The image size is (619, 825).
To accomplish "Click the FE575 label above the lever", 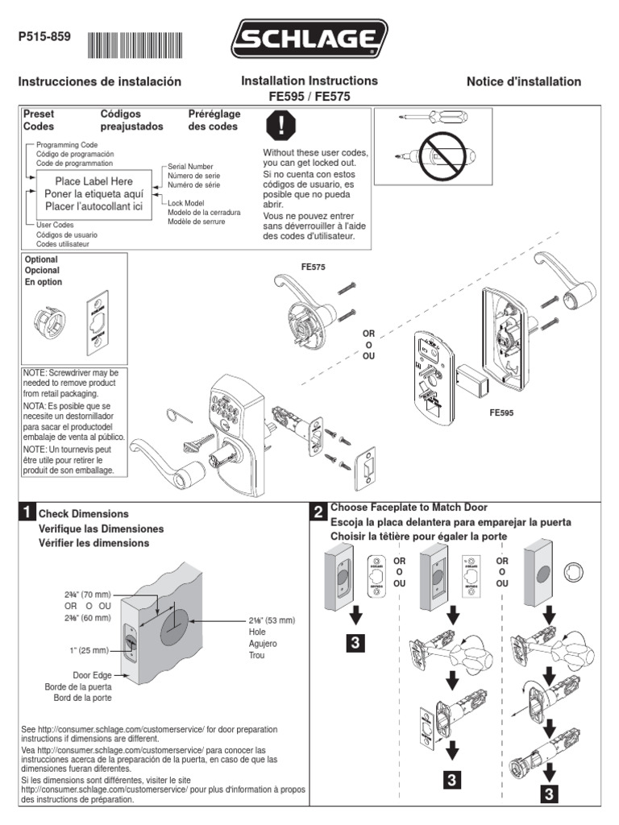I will click(314, 266).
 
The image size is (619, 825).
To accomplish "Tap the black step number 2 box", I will click(318, 512).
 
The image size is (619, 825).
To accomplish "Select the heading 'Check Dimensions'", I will click(84, 513).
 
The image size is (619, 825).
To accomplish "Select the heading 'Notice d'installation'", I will click(523, 81).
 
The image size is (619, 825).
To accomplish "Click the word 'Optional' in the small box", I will click(41, 259).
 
